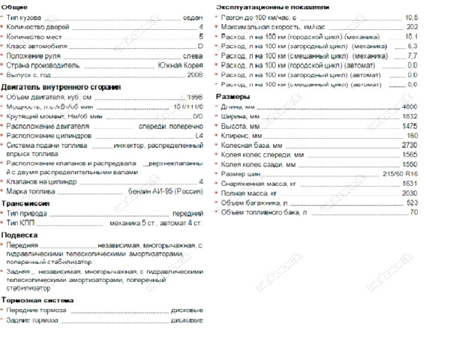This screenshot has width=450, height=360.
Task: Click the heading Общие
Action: tap(15, 6)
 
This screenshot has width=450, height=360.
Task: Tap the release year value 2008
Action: tap(194, 76)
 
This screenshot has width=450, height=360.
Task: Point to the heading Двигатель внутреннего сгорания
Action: tap(61, 87)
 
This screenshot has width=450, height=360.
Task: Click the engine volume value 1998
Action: tap(194, 97)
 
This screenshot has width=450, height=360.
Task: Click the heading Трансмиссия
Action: tap(25, 202)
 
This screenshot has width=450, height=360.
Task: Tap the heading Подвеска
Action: tap(19, 234)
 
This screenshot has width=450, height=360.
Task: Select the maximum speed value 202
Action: tap(412, 26)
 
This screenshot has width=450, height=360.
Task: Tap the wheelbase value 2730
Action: tap(409, 144)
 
